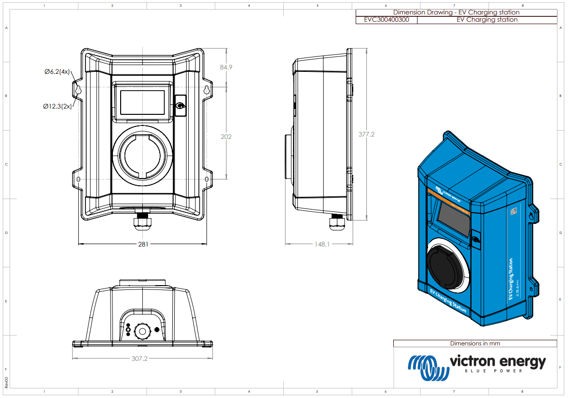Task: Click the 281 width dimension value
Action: [x=143, y=244]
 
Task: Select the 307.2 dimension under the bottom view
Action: [x=139, y=359]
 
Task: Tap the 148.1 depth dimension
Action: [x=322, y=245]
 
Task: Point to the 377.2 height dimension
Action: [x=366, y=134]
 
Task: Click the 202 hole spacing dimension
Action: [x=226, y=137]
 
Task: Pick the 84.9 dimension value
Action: [x=226, y=67]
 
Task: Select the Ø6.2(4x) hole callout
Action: [x=57, y=72]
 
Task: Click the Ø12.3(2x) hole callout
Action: [x=57, y=106]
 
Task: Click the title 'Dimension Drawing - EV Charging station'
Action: [x=456, y=12]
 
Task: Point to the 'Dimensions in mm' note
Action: [x=475, y=343]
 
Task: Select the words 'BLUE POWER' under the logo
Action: [x=493, y=371]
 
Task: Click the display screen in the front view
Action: [x=142, y=102]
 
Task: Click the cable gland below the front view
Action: [x=143, y=222]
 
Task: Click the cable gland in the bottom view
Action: [x=143, y=331]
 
